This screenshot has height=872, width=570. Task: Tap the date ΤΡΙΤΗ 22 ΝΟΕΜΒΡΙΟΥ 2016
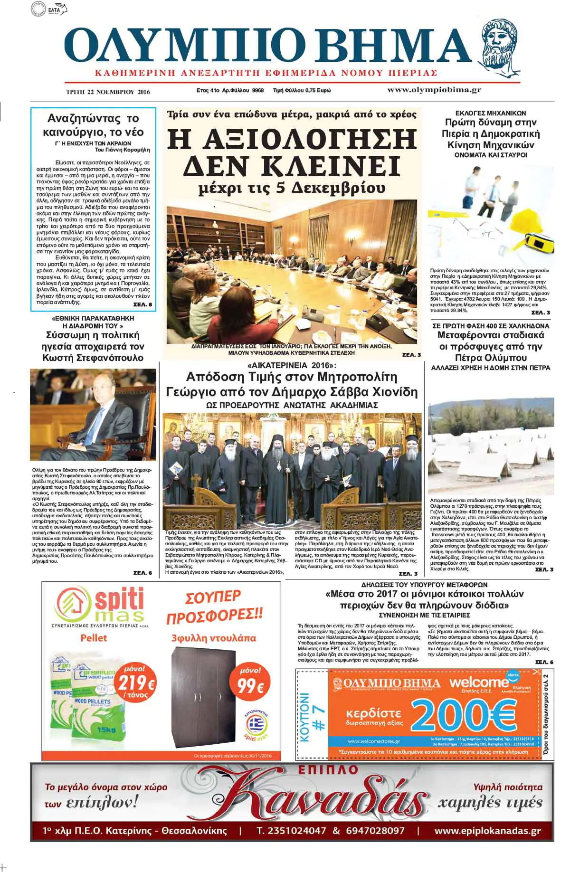pos(108,91)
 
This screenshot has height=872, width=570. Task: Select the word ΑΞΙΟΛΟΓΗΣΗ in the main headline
pos(292,140)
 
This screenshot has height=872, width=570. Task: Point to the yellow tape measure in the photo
pos(541,240)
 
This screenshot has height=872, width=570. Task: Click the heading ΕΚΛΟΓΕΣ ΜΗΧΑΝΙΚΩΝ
pos(491,113)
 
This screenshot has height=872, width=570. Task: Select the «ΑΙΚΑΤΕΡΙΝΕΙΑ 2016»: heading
pos(292,366)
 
